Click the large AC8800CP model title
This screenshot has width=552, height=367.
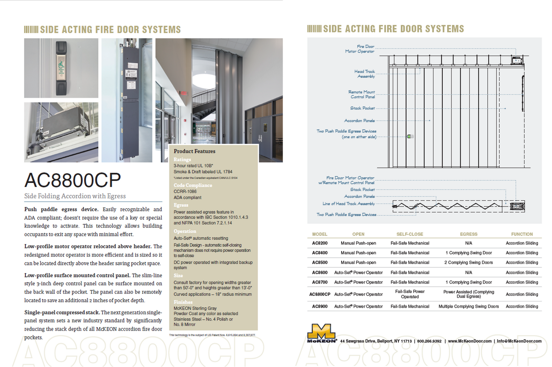(x=72, y=180)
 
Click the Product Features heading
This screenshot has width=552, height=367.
(x=194, y=151)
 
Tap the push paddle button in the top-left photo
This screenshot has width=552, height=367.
(x=61, y=68)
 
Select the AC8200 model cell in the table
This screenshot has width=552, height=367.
(x=319, y=243)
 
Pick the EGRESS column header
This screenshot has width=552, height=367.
(x=468, y=234)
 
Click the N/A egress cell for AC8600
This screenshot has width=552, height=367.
(x=468, y=273)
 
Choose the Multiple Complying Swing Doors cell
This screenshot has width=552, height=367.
(x=468, y=307)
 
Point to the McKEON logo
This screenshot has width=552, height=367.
(x=322, y=333)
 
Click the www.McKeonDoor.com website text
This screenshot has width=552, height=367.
(x=470, y=341)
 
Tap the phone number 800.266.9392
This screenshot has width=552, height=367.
(x=429, y=341)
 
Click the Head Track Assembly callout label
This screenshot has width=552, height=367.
(x=365, y=74)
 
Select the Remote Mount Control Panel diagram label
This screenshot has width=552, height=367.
(x=362, y=95)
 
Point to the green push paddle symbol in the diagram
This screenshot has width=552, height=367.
(x=409, y=137)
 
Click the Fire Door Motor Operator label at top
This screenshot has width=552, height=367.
(x=360, y=49)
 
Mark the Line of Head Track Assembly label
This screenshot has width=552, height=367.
(x=348, y=204)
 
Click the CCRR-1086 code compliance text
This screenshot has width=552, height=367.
(x=185, y=192)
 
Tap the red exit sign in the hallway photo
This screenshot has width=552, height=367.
(x=183, y=93)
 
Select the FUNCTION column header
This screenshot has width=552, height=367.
(x=522, y=234)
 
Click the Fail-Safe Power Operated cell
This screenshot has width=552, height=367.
(x=410, y=294)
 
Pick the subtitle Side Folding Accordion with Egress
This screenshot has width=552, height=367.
(x=75, y=196)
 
